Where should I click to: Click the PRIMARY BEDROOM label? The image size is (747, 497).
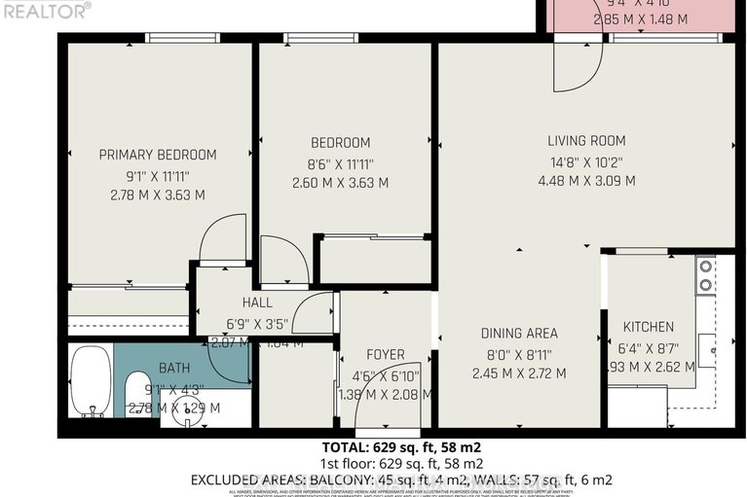pos(158,155)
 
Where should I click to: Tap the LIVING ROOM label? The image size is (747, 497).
pos(585,141)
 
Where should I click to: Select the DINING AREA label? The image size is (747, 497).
pos(519,334)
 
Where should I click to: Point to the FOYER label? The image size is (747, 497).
pos(386,355)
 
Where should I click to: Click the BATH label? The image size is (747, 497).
pos(175,369)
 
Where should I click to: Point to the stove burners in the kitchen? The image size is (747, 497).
pos(704,275)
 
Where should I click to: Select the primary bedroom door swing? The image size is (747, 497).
pos(220,239)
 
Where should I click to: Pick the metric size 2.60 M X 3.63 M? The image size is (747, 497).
pos(340,183)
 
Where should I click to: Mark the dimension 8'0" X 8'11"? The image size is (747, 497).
pos(519,354)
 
